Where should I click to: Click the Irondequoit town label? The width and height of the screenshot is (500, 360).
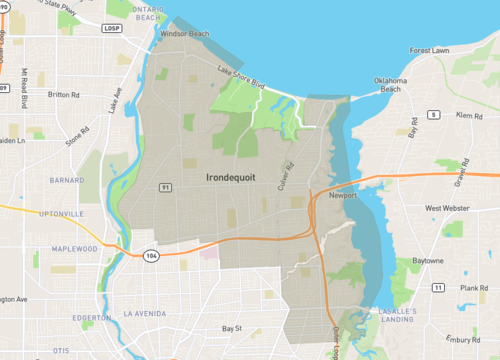pyautogui.click(x=231, y=177)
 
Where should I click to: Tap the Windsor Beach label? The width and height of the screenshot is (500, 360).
pyautogui.click(x=185, y=34)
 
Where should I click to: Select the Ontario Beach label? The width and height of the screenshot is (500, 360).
pyautogui.click(x=147, y=15)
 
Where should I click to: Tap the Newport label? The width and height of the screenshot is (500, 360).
pyautogui.click(x=344, y=197)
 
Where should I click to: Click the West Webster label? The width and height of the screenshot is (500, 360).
pyautogui.click(x=447, y=209)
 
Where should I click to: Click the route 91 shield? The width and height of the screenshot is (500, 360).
pyautogui.click(x=164, y=186)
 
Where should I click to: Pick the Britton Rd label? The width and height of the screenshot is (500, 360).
pyautogui.click(x=63, y=95)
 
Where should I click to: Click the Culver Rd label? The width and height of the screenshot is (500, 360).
pyautogui.click(x=289, y=158)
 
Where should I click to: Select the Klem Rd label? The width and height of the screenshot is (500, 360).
pyautogui.click(x=469, y=116)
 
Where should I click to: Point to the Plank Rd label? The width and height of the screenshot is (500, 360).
pyautogui.click(x=474, y=288)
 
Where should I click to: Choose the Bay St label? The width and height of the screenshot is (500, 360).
pyautogui.click(x=232, y=328)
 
